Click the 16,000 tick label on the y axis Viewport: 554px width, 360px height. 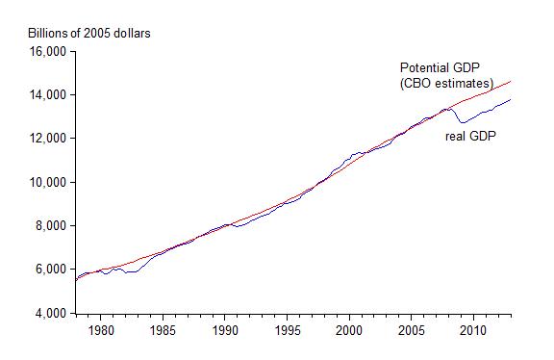click(44, 51)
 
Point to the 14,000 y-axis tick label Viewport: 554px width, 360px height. click(44, 95)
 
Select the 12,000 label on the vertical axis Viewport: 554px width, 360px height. click(44, 139)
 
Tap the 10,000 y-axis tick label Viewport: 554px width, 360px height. click(44, 182)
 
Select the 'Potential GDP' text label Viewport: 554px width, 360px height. click(441, 68)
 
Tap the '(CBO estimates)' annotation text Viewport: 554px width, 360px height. click(446, 84)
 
